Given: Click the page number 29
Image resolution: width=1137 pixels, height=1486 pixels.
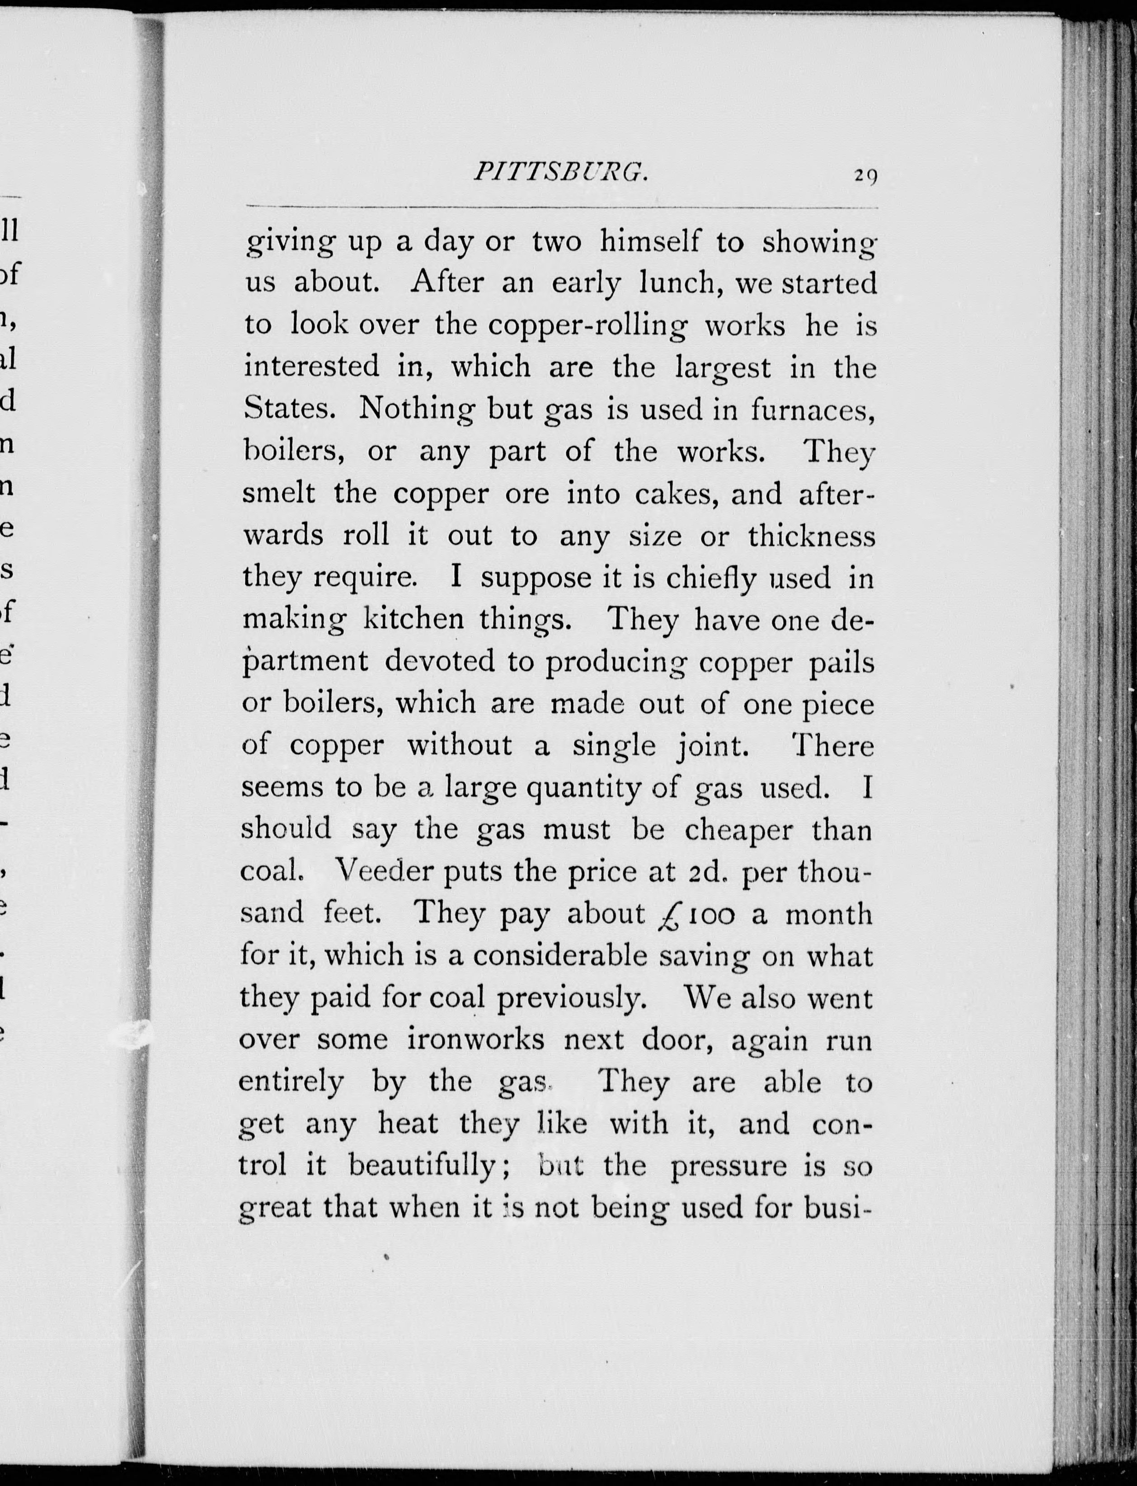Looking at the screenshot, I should [x=865, y=175].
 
